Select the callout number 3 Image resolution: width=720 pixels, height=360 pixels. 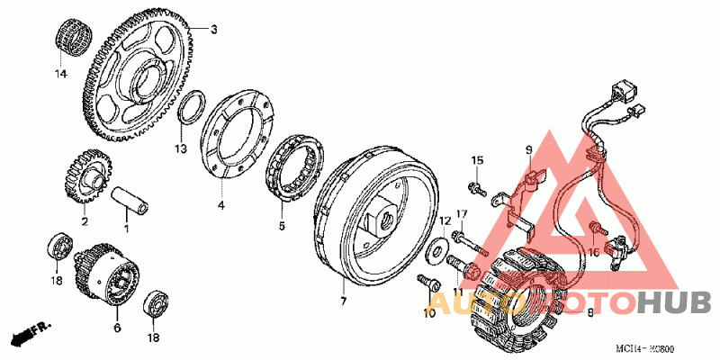click(x=213, y=30)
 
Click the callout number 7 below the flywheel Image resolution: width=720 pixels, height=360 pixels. click(x=343, y=298)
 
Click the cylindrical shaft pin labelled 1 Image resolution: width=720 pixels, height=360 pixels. click(x=130, y=200)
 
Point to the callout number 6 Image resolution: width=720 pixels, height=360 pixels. click(x=117, y=328)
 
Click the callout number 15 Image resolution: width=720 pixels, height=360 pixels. click(x=478, y=160)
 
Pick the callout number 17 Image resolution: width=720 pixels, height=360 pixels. click(x=461, y=213)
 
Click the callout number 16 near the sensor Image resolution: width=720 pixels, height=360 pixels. click(x=593, y=253)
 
